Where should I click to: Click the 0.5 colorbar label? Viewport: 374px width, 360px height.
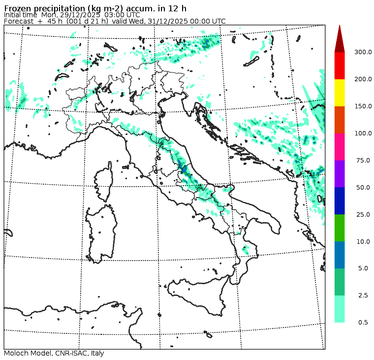click(363, 323)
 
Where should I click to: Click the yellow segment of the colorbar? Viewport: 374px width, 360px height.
click(340, 93)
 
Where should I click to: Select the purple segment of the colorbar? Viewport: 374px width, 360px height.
click(340, 174)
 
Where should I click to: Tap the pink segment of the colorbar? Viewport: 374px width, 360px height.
click(340, 147)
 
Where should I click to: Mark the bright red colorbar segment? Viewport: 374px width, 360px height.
click(340, 65)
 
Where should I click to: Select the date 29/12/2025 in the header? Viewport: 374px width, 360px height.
click(88, 15)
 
